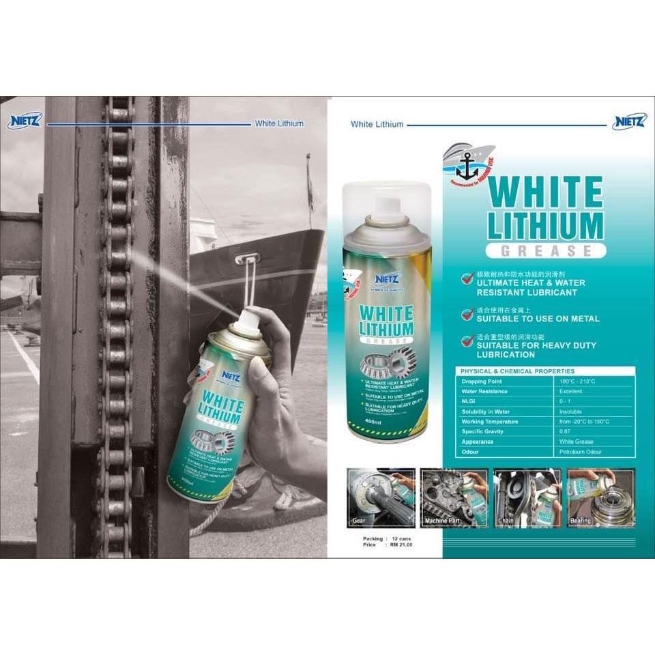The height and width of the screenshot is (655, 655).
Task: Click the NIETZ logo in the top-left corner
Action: [x=25, y=122]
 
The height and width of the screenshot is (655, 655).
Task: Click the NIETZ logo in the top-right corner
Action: [x=628, y=123]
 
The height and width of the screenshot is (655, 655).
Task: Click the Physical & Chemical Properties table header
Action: [x=505, y=371]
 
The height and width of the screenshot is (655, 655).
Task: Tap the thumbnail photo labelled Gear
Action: [x=381, y=497]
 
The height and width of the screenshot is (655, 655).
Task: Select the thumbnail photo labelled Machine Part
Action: [x=454, y=497]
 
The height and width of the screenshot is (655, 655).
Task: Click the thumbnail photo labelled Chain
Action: [x=527, y=497]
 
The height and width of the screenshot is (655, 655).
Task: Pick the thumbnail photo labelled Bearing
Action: [x=600, y=497]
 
